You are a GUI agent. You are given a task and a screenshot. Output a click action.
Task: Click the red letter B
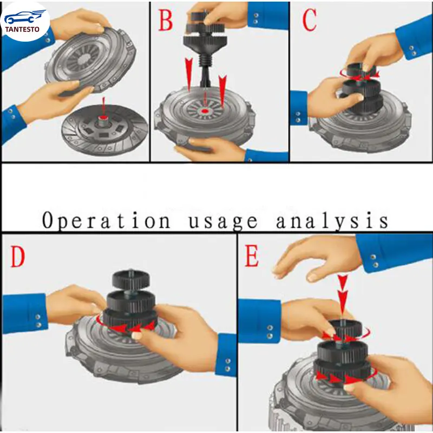(165, 22)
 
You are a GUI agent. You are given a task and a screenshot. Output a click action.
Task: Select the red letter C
(309, 21)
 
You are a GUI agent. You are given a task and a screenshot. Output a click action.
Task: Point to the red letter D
(17, 258)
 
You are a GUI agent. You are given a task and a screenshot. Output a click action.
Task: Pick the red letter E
(252, 257)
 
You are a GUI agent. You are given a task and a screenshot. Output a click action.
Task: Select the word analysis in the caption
(332, 221)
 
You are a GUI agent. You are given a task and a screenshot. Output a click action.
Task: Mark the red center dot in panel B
(205, 111)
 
